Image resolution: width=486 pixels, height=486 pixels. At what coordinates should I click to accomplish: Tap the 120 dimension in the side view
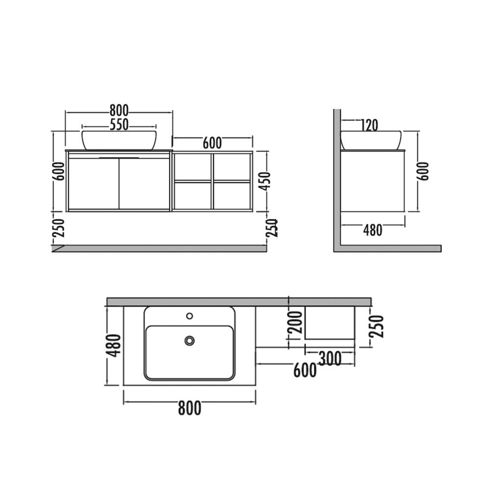coord(368,126)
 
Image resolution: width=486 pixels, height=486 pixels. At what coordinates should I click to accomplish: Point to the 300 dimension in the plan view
coord(329,359)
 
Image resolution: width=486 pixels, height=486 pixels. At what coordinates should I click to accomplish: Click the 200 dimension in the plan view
coord(296,323)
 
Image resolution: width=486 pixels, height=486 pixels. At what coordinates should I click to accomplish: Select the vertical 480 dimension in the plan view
coord(114,346)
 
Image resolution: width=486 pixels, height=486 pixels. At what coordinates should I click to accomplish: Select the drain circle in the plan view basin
coord(189,340)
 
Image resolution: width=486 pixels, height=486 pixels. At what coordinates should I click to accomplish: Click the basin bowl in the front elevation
coord(119,140)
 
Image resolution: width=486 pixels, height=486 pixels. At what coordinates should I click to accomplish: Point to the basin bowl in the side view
coord(372,140)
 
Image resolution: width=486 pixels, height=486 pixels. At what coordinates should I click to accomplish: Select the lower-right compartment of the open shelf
coord(232,196)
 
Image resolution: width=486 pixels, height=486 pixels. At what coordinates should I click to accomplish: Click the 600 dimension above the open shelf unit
coord(212,143)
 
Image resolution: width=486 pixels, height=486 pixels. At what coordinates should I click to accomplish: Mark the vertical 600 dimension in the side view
coord(424,171)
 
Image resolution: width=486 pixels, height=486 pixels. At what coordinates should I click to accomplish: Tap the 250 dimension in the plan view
coord(377,326)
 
